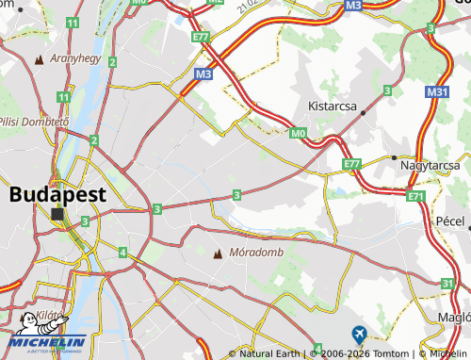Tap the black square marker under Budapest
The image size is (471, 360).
(x=58, y=215)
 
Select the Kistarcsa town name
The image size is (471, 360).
(x=325, y=107)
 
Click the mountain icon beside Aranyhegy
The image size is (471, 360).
(x=40, y=59)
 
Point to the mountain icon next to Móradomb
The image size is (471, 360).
(x=219, y=253)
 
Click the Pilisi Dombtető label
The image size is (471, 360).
(x=35, y=123)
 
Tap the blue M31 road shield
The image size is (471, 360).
(x=436, y=91)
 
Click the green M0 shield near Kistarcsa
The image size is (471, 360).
(x=299, y=134)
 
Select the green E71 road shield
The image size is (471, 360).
(x=416, y=196)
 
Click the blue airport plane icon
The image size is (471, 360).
(x=358, y=334)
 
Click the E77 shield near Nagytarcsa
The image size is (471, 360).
(x=352, y=164)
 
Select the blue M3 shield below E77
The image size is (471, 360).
(x=204, y=73)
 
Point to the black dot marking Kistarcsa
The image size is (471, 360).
(x=363, y=113)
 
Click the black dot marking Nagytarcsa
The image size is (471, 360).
(x=393, y=157)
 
